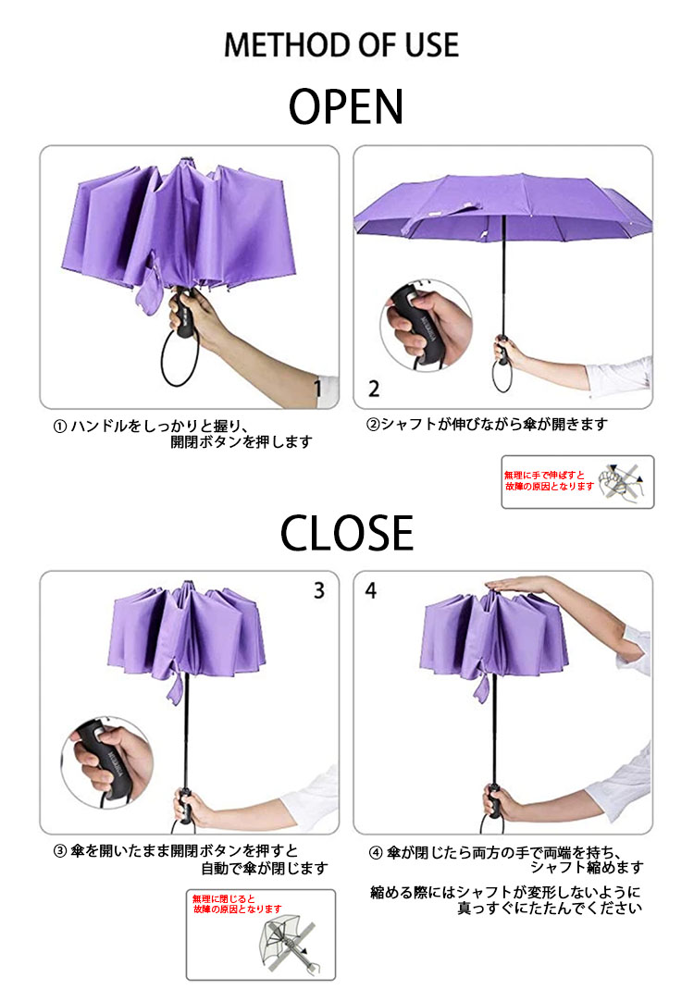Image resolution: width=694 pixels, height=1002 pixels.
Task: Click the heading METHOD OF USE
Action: [341, 44]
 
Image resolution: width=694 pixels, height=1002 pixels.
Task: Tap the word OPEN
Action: [346, 106]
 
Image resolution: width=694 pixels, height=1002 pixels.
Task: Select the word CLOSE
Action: [346, 533]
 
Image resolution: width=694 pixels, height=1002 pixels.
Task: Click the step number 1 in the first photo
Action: [317, 388]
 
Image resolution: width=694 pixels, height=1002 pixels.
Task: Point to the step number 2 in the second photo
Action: [374, 389]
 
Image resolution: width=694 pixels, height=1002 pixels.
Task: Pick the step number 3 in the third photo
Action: [319, 590]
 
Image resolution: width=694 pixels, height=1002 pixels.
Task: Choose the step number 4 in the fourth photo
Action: [371, 590]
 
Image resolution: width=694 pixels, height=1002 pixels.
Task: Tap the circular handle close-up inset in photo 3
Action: [106, 762]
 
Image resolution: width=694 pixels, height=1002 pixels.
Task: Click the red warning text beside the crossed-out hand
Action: [549, 480]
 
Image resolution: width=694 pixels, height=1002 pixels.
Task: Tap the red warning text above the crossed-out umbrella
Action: [237, 904]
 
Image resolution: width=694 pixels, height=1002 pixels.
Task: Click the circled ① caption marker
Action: [59, 427]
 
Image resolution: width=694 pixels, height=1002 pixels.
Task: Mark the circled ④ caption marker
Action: [376, 853]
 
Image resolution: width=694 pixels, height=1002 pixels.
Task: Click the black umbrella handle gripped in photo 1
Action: [184, 313]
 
